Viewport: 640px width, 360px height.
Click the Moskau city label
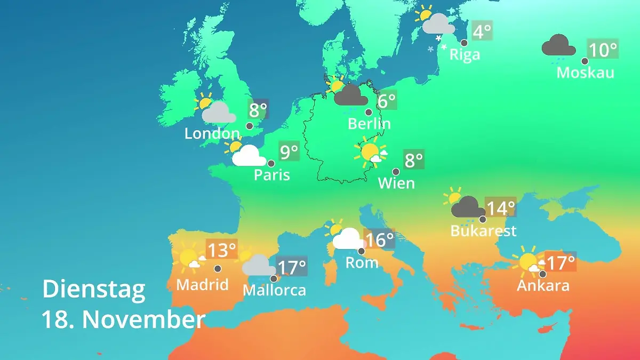click(x=585, y=73)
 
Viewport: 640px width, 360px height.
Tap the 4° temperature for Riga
click(x=482, y=31)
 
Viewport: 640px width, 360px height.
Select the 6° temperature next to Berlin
click(x=386, y=100)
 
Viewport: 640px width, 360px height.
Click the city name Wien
click(x=396, y=183)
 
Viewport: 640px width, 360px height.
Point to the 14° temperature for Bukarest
click(x=500, y=207)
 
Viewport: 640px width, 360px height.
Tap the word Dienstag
click(x=94, y=290)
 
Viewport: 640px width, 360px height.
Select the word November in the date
click(x=143, y=320)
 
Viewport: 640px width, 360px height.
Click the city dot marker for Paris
click(x=271, y=164)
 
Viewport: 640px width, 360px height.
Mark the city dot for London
click(x=250, y=126)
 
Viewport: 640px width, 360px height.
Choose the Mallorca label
click(x=274, y=291)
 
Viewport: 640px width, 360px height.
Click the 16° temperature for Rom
click(x=379, y=239)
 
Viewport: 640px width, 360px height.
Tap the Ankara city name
click(x=543, y=286)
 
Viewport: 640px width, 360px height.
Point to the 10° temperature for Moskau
click(x=603, y=50)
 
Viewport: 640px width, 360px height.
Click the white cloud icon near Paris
click(x=249, y=156)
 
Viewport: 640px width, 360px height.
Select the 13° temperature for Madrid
click(x=221, y=250)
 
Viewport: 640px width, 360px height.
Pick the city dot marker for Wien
click(x=396, y=172)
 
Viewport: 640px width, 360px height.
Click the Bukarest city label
click(x=483, y=231)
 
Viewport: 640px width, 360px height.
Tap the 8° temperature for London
click(x=258, y=111)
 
